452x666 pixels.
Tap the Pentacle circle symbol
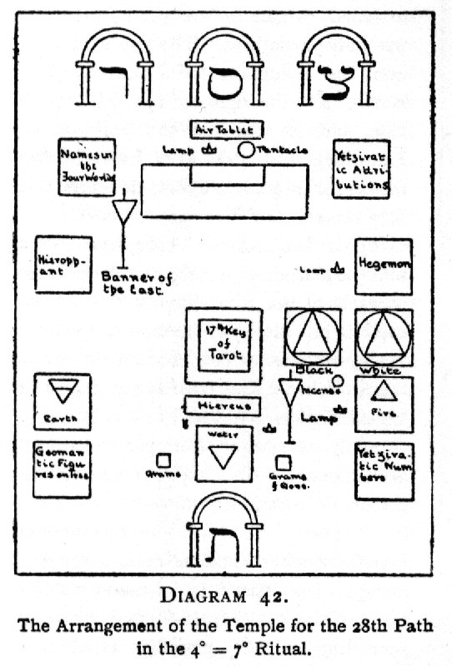click(x=247, y=150)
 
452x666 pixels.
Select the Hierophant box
click(x=63, y=265)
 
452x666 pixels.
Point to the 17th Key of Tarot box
click(x=223, y=345)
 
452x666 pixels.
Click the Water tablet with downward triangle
click(x=223, y=455)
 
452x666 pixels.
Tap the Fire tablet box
click(x=384, y=404)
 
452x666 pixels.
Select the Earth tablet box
click(x=63, y=401)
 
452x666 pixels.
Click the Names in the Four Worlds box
click(x=86, y=167)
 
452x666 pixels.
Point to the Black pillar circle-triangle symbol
click(x=312, y=337)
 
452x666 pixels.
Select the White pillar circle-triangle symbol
click(x=384, y=337)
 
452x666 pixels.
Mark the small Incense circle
click(x=338, y=381)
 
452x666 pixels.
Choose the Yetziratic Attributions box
click(x=361, y=169)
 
